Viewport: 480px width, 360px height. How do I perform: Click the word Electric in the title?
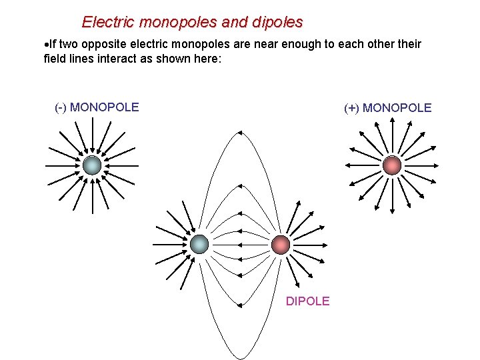[x=106, y=22]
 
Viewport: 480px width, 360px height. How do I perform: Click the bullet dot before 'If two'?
[x=46, y=45]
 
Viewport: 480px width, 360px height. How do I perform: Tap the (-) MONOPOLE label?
[x=97, y=107]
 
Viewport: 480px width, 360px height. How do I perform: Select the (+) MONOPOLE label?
[x=387, y=107]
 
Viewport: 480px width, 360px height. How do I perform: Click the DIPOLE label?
[x=307, y=301]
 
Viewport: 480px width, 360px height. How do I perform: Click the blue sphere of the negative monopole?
[x=92, y=165]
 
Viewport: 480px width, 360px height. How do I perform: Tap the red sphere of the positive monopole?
[x=393, y=165]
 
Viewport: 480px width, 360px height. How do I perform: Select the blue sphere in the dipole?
[x=199, y=245]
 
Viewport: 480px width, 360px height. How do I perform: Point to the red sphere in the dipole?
[x=281, y=245]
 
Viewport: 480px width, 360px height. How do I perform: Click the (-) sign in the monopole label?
[x=61, y=107]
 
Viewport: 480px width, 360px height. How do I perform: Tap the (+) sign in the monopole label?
[x=351, y=107]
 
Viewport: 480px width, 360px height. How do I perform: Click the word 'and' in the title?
[x=235, y=22]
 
